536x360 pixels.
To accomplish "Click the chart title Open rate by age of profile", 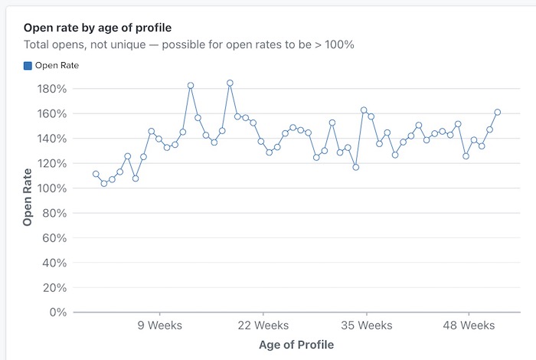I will click(97, 28).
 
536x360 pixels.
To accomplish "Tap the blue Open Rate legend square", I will click(28, 66).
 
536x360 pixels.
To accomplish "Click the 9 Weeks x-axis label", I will click(159, 326).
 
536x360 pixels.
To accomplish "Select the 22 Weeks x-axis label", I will click(263, 326).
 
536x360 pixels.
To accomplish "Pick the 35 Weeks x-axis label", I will click(366, 326).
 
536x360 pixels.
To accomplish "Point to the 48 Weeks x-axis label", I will click(469, 326).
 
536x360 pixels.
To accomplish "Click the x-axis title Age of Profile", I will click(296, 345).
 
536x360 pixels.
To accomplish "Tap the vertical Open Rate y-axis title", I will click(28, 197).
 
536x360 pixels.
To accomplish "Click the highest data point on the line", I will click(230, 83).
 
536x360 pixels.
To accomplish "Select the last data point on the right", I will click(498, 112).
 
